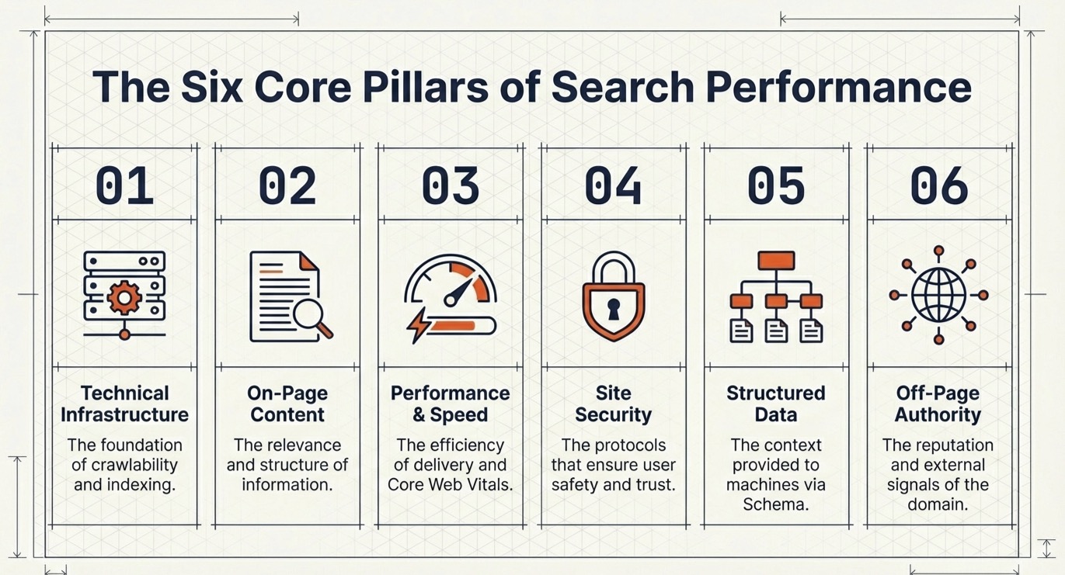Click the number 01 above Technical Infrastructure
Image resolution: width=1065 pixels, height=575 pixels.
click(x=124, y=186)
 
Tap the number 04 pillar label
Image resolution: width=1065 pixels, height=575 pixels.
click(x=613, y=186)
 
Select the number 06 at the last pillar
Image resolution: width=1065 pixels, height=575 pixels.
click(x=939, y=186)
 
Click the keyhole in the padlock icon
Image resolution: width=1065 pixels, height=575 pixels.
click(x=613, y=309)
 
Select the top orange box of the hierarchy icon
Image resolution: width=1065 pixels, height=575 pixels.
click(x=775, y=260)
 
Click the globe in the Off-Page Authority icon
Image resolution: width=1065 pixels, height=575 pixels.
click(x=938, y=296)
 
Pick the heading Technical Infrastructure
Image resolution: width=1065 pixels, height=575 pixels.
click(x=124, y=404)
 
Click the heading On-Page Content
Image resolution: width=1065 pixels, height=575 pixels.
click(x=287, y=404)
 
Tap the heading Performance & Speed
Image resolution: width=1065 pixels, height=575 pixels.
click(x=450, y=404)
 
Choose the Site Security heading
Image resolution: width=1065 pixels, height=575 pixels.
click(x=613, y=404)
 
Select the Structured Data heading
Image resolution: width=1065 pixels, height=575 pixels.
click(x=775, y=404)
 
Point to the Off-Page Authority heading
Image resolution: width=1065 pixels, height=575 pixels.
click(x=938, y=404)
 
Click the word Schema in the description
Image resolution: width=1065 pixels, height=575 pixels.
click(x=775, y=504)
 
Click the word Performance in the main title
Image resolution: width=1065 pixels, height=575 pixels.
click(x=841, y=87)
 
